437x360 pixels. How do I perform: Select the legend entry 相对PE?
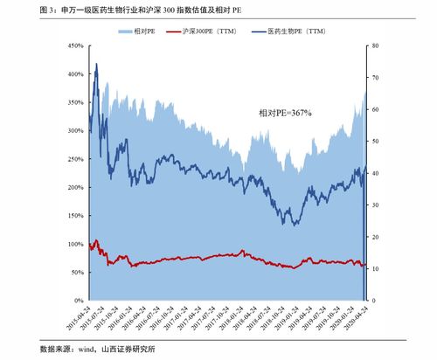click(143, 31)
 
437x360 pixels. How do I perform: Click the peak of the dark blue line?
click(96, 64)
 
